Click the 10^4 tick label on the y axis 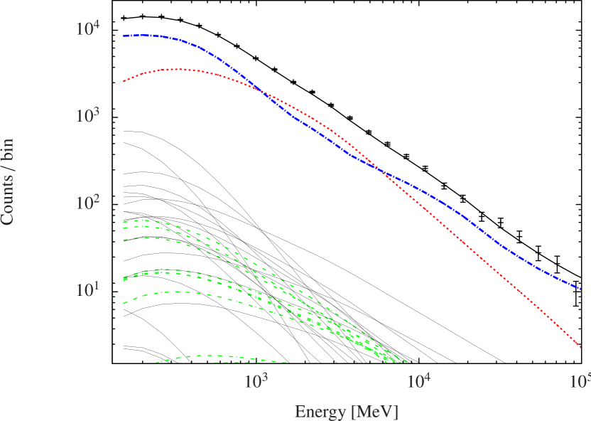coord(88,29)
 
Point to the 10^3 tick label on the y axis coord(88,116)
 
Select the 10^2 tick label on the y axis coord(88,203)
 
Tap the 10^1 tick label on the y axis coord(88,290)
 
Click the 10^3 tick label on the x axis coord(256,380)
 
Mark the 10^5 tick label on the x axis coord(581,380)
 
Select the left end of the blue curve coord(124,36)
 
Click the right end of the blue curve coord(581,289)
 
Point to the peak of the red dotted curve coord(178,69)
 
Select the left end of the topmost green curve coord(124,222)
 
